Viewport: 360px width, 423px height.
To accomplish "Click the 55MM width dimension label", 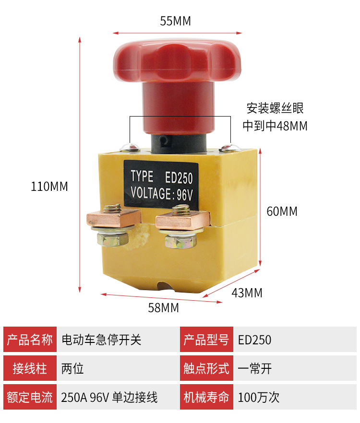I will click(x=176, y=22).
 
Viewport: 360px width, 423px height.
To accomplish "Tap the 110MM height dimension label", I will click(x=49, y=187).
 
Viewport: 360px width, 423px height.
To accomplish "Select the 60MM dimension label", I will click(x=282, y=211).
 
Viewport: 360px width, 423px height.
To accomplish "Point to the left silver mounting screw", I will click(x=132, y=147).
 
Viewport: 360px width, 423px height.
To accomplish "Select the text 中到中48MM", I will click(x=275, y=126).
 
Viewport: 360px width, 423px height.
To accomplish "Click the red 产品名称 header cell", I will click(x=30, y=340).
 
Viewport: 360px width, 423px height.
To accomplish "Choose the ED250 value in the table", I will click(x=255, y=340).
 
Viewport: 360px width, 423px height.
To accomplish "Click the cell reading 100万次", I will click(x=259, y=397).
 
